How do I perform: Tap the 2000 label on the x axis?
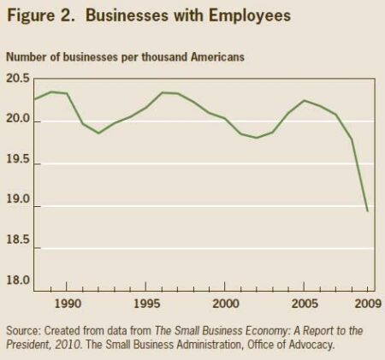pyautogui.click(x=225, y=304)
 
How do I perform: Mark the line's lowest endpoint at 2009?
pyautogui.click(x=368, y=211)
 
